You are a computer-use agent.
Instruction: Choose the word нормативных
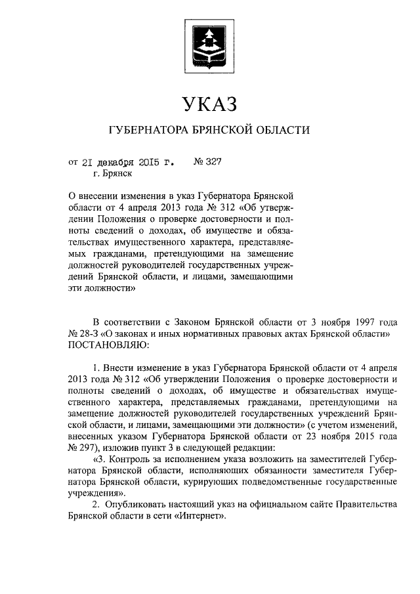(204, 333)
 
